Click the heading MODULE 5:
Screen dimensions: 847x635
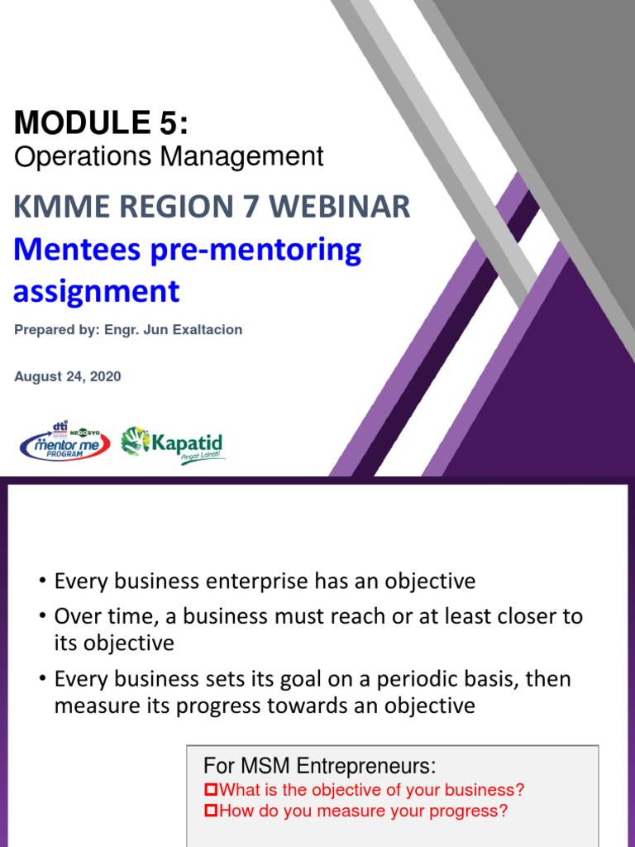(101, 123)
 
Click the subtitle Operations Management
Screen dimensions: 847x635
(169, 156)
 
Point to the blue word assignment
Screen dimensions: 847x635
(96, 290)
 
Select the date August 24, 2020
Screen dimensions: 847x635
(68, 376)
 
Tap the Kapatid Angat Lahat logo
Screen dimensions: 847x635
(173, 445)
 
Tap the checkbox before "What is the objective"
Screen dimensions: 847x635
(210, 790)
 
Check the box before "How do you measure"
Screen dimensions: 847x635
(210, 811)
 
